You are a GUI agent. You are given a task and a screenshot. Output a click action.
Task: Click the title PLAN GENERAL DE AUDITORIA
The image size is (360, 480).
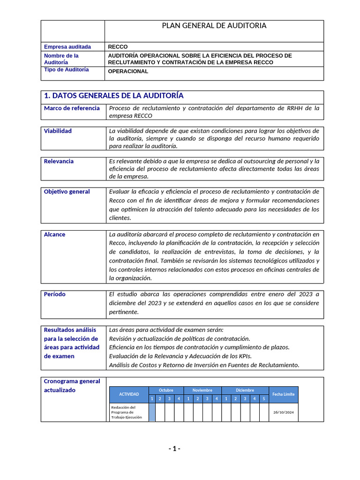point(214,26)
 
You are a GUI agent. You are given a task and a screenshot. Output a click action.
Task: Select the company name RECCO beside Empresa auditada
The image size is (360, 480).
point(118,47)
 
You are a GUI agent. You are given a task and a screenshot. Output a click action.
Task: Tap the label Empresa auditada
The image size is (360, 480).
point(67,47)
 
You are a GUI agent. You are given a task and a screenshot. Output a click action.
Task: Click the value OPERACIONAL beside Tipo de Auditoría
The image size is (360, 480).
point(128,72)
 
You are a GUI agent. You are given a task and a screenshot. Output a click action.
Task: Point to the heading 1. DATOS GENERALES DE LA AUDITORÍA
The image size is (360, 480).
point(113,96)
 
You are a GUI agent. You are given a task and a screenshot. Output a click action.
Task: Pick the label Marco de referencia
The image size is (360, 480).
point(72,108)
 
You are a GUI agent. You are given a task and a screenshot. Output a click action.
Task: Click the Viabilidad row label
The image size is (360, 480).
point(58,131)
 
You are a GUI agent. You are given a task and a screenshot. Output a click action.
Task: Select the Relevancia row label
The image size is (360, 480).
point(59,161)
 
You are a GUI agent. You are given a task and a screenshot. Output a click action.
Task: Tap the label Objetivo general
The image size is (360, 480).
point(67,192)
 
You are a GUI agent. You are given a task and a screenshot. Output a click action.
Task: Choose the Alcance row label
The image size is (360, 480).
point(55,234)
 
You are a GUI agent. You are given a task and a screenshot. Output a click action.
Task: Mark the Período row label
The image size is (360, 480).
point(55,294)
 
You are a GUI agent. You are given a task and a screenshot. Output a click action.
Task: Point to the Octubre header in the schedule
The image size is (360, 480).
point(166,390)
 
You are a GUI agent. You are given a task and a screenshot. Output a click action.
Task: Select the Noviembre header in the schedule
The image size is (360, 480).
point(202,390)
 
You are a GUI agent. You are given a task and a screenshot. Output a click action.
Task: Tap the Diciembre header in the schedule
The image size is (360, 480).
point(245,390)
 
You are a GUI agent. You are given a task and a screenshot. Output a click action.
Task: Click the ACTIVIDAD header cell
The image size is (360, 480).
point(129,394)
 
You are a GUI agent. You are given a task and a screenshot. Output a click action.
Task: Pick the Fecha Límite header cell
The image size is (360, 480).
point(283,394)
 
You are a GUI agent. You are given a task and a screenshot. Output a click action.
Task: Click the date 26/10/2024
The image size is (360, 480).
point(283,412)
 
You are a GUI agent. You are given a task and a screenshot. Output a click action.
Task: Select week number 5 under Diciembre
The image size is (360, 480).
point(264,399)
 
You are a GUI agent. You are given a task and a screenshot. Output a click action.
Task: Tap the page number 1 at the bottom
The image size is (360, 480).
point(174,449)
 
